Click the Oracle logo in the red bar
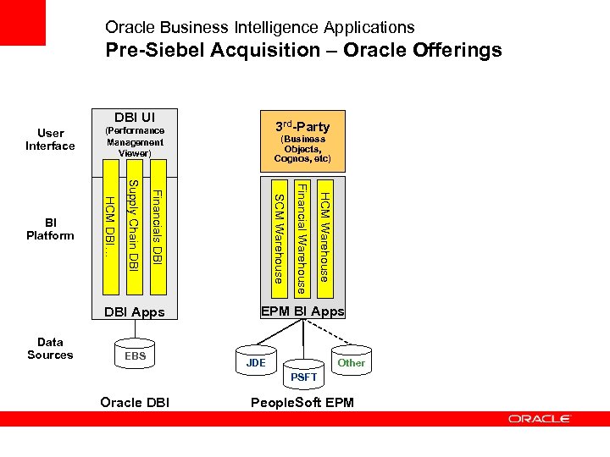540,418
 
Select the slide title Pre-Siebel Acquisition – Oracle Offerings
303,50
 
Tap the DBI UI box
134,136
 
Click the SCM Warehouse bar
279,238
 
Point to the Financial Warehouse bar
301,238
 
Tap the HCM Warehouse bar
324,236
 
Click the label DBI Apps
134,312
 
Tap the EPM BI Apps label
302,311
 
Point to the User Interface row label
50,139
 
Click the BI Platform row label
50,228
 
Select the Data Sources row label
50,349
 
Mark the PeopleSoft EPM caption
302,402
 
